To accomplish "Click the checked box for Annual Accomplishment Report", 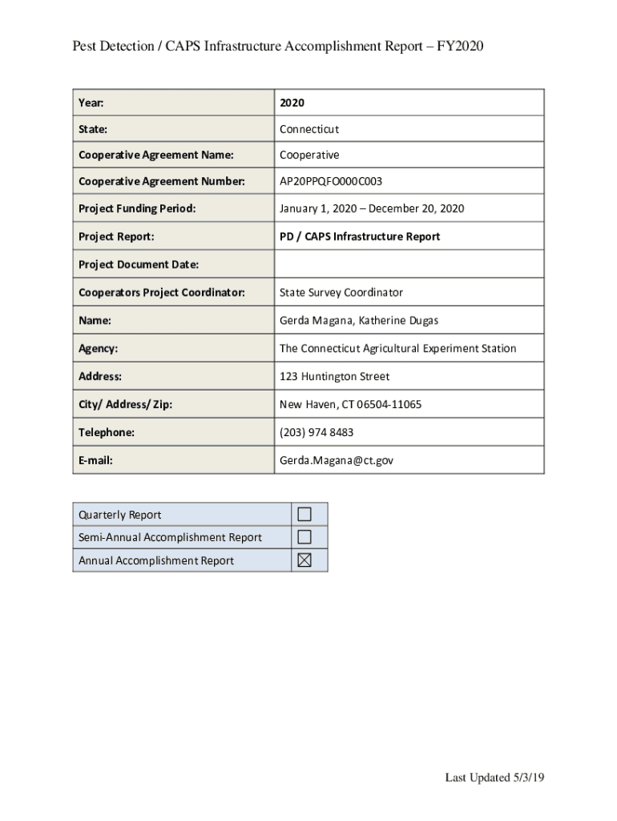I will [304, 560].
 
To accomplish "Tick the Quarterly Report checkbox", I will [304, 514].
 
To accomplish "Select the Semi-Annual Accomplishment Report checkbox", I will [304, 537].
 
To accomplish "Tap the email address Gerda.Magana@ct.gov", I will [337, 461].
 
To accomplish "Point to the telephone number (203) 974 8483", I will [317, 433].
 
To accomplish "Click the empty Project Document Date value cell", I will [409, 265].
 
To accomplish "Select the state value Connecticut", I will [309, 129].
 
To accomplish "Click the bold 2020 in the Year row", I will [292, 103].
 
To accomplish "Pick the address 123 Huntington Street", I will [334, 377].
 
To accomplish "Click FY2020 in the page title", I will [459, 47].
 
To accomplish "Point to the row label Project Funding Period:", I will [137, 209].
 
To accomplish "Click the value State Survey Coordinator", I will [341, 293].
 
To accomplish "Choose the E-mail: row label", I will [95, 461].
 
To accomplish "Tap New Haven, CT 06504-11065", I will [350, 405].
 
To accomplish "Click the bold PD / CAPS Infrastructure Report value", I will [360, 237].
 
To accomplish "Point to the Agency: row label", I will [99, 349].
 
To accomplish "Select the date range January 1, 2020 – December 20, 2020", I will [372, 209].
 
